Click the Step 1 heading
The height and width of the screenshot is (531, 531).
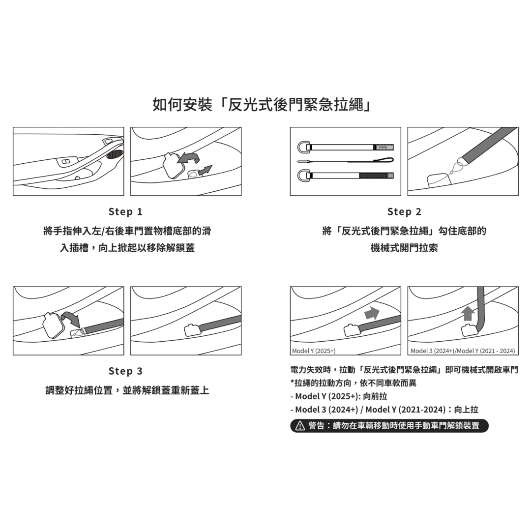click(x=125, y=211)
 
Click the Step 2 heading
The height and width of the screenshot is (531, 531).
click(x=404, y=211)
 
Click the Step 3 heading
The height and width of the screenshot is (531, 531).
click(x=125, y=371)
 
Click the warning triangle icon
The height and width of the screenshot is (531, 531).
click(x=300, y=426)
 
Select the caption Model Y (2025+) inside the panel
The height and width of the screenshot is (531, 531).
click(x=314, y=351)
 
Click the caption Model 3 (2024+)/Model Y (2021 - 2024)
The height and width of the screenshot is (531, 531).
click(x=463, y=351)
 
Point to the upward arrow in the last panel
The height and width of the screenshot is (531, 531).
click(x=469, y=313)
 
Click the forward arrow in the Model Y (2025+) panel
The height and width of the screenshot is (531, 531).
click(x=372, y=313)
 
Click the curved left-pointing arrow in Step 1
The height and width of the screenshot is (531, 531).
click(x=189, y=158)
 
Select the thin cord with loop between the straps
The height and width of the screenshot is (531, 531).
click(x=346, y=160)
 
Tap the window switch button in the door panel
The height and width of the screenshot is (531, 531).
click(x=66, y=162)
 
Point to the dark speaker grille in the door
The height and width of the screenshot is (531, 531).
click(x=115, y=154)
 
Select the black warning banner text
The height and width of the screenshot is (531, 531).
click(x=394, y=426)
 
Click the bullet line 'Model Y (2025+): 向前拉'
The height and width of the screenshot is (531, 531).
click(x=339, y=396)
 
